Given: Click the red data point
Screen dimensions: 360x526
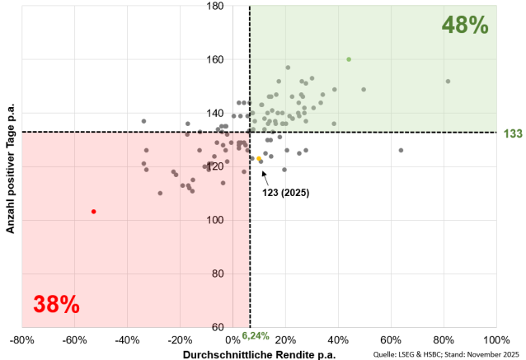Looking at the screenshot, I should [94, 212].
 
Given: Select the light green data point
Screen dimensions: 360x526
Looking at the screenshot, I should [349, 59].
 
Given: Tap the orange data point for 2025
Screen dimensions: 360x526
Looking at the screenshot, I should [259, 159].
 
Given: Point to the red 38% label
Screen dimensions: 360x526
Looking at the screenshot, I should [56, 304].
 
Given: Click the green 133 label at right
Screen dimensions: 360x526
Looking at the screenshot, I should [511, 132].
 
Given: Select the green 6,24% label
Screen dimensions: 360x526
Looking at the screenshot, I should [256, 336].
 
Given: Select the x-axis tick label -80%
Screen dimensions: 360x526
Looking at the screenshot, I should [22, 339].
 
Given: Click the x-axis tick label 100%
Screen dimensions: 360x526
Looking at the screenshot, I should [495, 339].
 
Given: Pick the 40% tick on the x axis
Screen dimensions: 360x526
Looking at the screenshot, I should [338, 339].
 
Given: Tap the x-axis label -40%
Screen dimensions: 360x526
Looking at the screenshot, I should [127, 339].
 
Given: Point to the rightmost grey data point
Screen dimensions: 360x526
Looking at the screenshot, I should [448, 82].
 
